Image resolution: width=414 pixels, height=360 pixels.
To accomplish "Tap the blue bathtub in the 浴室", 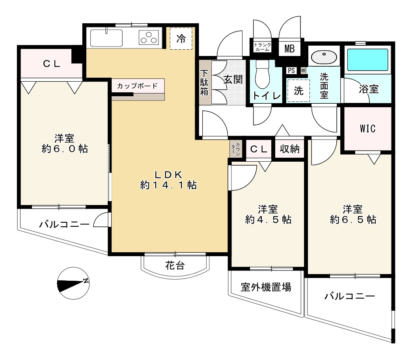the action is click(367, 60).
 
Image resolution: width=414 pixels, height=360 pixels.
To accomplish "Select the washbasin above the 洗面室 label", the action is click(324, 57).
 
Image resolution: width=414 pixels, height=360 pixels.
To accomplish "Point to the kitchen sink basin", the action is click(106, 37).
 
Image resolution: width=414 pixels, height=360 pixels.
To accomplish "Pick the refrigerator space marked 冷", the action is click(181, 39).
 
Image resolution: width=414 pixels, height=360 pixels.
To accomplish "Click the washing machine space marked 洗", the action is click(298, 91).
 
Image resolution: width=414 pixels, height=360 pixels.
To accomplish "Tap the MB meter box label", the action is click(290, 49).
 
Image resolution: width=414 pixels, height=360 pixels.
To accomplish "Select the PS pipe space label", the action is click(291, 71).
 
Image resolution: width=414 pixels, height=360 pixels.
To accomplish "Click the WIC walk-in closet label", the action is click(367, 129).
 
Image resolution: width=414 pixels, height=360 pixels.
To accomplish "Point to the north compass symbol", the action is click(73, 283).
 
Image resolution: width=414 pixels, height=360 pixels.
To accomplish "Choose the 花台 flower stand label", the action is click(175, 265).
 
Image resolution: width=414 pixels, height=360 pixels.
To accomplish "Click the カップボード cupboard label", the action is click(137, 86).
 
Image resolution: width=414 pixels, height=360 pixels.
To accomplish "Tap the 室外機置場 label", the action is click(266, 287).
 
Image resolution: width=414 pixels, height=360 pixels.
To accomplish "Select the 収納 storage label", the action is click(290, 149).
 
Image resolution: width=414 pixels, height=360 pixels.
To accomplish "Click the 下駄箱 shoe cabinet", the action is click(205, 82).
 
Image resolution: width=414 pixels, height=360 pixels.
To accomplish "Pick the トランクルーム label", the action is click(262, 47).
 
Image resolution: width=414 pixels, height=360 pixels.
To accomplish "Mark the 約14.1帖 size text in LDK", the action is click(168, 185).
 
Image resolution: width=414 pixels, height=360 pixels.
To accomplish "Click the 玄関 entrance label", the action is click(233, 79).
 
